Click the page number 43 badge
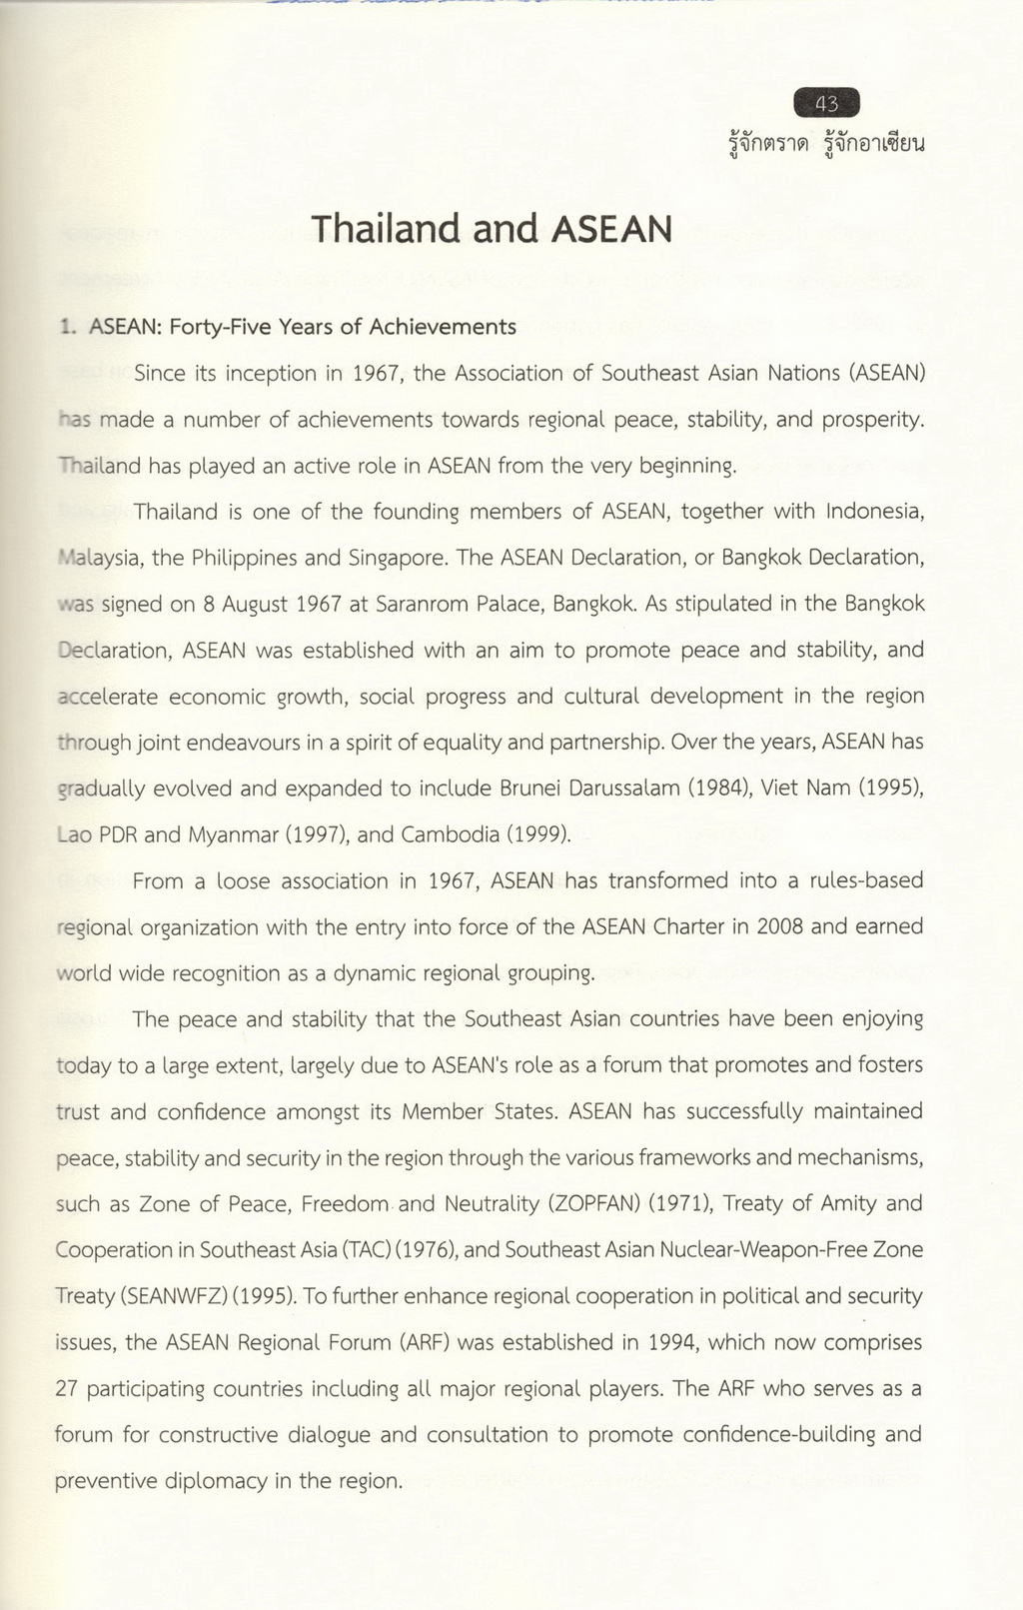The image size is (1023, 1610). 826,103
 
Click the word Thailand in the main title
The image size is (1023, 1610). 387,230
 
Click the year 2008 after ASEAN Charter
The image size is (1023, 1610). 779,926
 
